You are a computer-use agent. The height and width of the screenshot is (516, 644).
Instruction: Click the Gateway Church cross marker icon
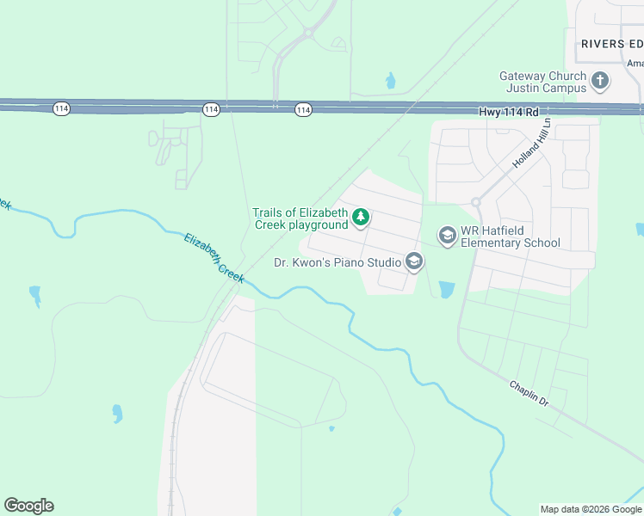tap(600, 83)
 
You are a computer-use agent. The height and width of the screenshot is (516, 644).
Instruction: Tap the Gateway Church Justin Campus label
tap(542, 83)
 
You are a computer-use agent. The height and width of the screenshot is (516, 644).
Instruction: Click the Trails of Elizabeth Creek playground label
tap(300, 218)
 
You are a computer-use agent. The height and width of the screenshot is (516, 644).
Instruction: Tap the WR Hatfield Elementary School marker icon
tap(447, 236)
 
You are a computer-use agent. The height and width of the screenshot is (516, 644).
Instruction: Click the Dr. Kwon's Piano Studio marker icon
tap(414, 262)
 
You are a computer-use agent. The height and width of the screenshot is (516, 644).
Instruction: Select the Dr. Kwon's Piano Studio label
tap(337, 262)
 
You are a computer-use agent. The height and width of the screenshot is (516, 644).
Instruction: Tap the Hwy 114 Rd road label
tap(509, 112)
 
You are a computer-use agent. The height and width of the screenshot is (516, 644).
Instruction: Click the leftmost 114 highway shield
tap(60, 108)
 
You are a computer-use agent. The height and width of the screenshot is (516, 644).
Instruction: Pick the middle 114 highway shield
tap(211, 108)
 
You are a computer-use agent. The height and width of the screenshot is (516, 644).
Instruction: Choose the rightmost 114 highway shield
tap(303, 109)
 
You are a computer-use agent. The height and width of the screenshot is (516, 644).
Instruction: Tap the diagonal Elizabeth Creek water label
tap(214, 257)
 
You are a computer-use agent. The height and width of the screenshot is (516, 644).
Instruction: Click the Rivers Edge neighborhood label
tap(611, 44)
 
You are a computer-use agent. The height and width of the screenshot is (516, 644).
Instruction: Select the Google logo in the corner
tap(28, 506)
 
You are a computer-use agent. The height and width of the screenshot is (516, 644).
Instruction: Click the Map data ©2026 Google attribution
tap(591, 509)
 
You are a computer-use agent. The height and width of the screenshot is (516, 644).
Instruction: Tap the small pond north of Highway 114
tap(392, 82)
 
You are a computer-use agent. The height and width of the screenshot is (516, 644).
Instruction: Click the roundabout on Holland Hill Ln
tap(475, 203)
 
